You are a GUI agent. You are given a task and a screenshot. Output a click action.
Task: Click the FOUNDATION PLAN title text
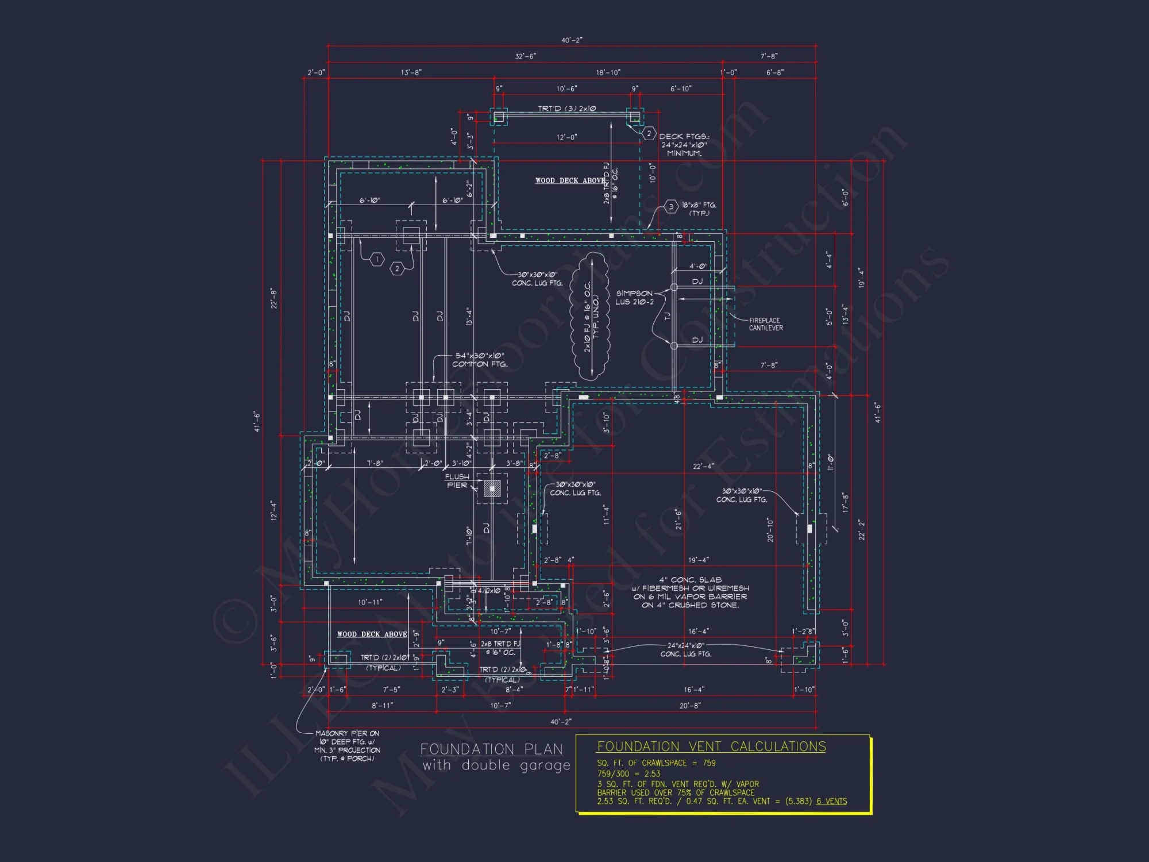(x=491, y=749)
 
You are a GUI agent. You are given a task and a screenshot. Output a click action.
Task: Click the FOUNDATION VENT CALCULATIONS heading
(x=711, y=746)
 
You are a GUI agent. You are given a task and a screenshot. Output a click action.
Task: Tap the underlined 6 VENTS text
(x=831, y=801)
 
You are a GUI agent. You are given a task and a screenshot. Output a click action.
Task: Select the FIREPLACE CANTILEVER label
(x=765, y=324)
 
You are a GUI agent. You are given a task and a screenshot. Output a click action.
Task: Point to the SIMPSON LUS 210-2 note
(x=634, y=297)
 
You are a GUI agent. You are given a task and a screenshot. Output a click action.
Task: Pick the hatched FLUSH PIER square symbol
(x=492, y=488)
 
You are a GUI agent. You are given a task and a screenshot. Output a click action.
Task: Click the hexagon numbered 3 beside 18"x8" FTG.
(x=671, y=207)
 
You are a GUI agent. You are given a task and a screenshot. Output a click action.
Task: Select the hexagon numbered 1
(x=377, y=260)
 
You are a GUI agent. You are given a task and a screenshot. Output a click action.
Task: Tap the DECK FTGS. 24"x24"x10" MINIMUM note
(x=684, y=145)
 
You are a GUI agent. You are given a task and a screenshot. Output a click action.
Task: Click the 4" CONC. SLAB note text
(x=690, y=592)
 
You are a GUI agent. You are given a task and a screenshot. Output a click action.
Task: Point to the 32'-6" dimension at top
(x=525, y=56)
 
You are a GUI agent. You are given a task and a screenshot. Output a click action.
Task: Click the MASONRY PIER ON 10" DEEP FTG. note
(x=347, y=746)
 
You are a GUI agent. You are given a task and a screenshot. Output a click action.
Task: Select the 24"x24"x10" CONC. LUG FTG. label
(x=685, y=649)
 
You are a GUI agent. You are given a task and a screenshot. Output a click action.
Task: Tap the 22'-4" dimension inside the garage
(x=703, y=466)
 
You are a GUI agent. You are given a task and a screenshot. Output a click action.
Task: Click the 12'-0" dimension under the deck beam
(x=566, y=137)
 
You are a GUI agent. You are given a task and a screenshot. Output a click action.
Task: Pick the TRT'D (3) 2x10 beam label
(x=566, y=109)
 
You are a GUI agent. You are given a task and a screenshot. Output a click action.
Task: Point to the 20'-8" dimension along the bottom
(x=690, y=706)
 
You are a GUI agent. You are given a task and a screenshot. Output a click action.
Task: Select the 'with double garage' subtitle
(x=496, y=765)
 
